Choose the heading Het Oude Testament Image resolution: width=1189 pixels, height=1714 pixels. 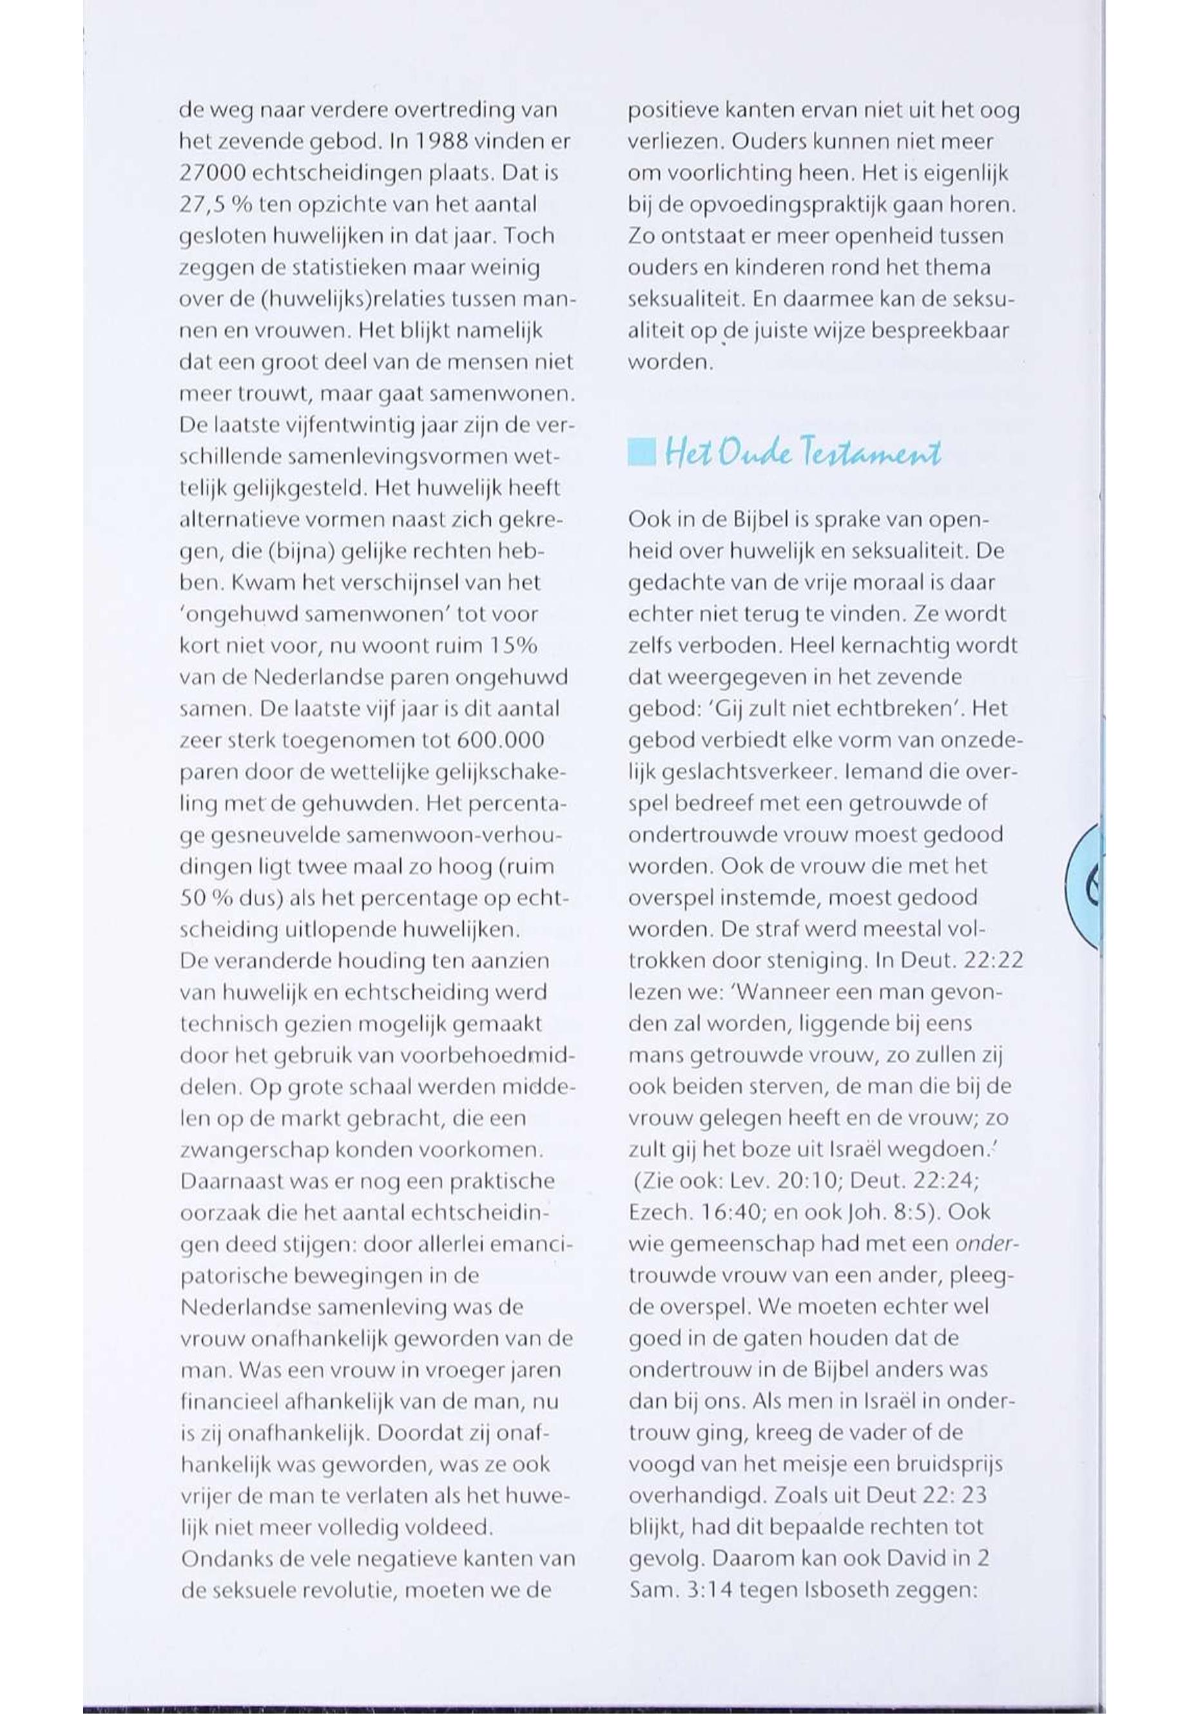pyautogui.click(x=802, y=453)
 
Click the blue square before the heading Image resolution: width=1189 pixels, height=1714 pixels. pyautogui.click(x=641, y=453)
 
